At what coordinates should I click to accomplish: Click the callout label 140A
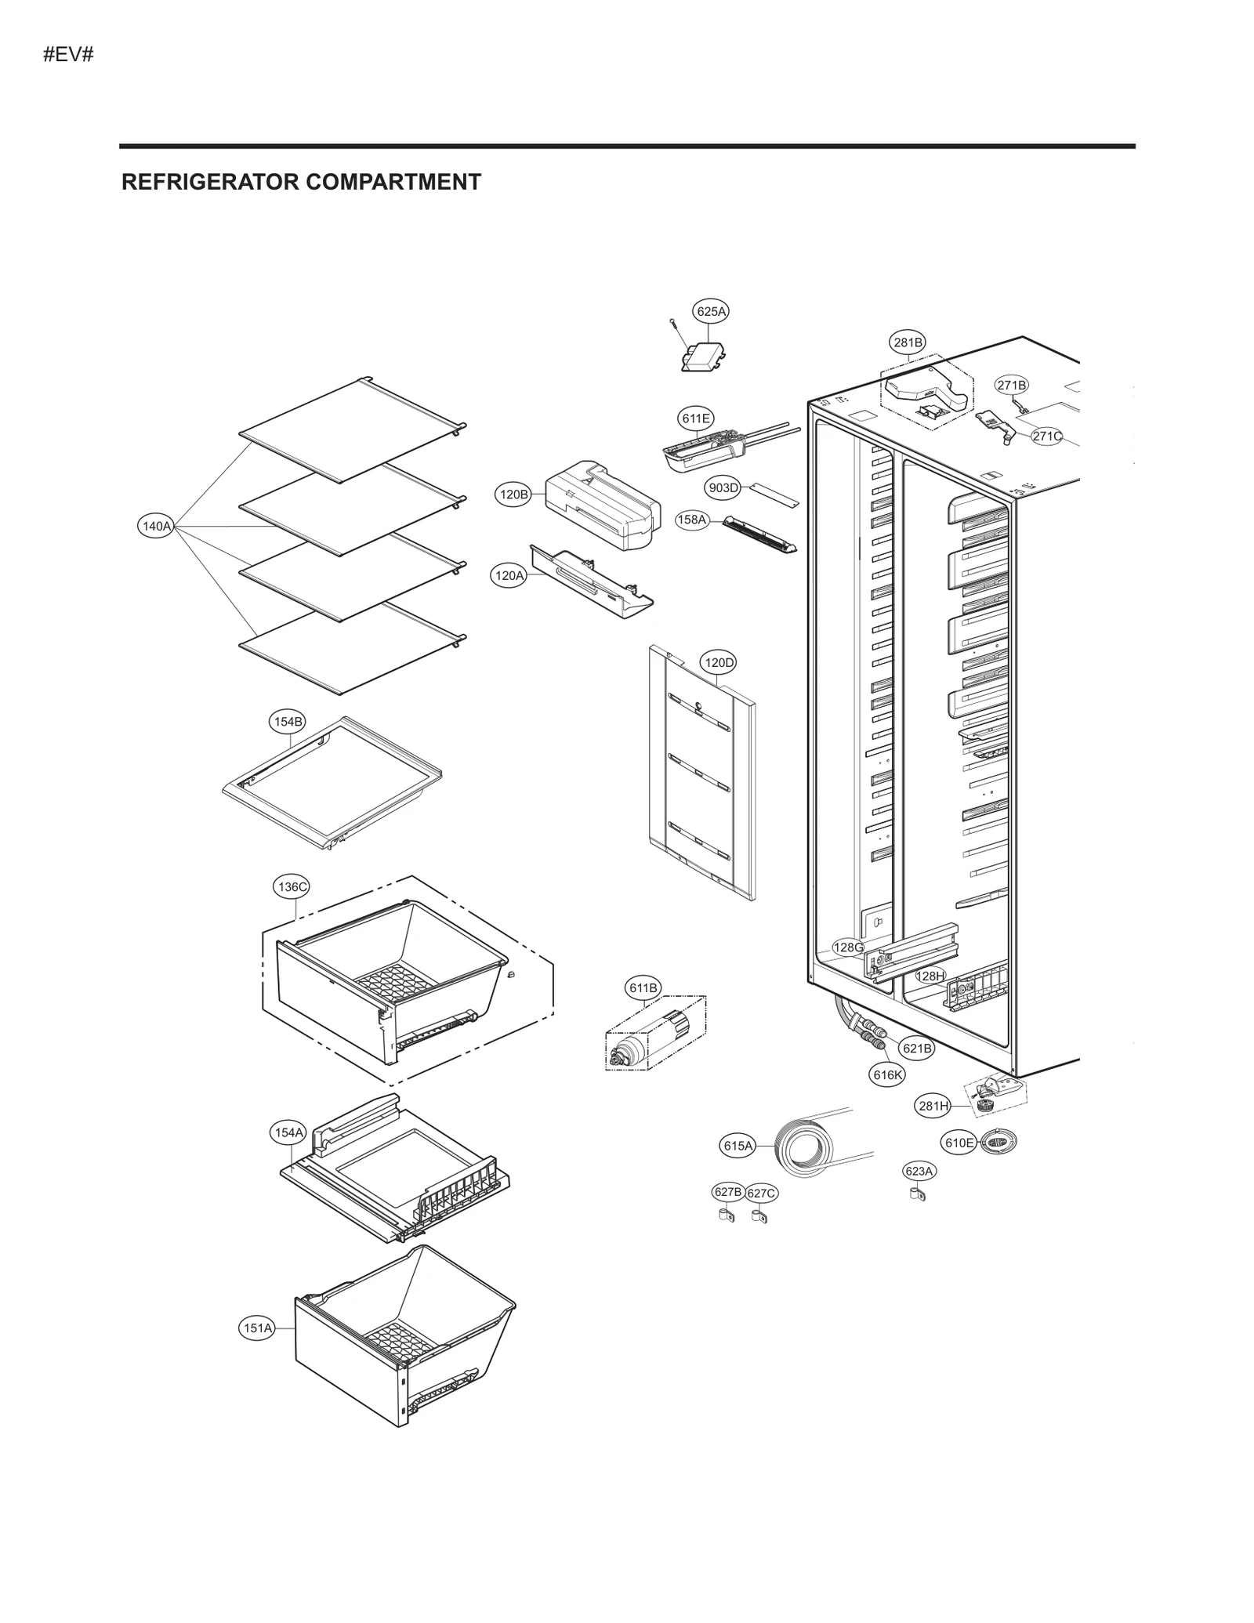click(155, 526)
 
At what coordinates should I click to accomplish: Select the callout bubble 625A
click(711, 311)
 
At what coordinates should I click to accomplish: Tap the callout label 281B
click(908, 342)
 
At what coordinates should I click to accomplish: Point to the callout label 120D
click(719, 662)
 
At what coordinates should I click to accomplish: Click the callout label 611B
click(643, 987)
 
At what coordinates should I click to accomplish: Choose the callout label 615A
click(738, 1146)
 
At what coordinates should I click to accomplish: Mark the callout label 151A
click(257, 1328)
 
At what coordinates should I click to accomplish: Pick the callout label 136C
click(292, 886)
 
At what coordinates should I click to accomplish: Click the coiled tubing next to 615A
click(798, 1149)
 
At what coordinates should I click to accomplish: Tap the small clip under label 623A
click(916, 1196)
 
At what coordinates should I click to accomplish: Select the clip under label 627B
click(726, 1216)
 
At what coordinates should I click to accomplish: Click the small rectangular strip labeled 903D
click(774, 493)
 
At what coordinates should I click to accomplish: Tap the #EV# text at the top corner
click(68, 55)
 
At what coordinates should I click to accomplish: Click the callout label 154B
click(288, 722)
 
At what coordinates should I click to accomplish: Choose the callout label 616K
click(888, 1074)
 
